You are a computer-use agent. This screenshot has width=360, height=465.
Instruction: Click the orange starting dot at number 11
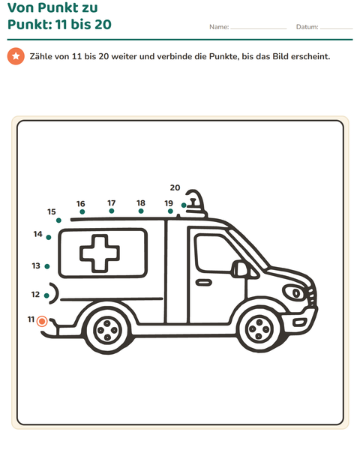click(x=42, y=321)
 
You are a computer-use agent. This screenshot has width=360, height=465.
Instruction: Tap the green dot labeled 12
click(x=46, y=295)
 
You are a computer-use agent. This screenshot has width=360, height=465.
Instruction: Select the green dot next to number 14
click(x=49, y=237)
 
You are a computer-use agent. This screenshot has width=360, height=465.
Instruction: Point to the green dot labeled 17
click(x=112, y=211)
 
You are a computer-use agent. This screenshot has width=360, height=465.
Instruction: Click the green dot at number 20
click(x=184, y=205)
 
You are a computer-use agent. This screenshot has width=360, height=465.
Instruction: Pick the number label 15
click(x=52, y=211)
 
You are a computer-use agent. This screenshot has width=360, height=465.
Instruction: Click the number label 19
click(x=169, y=203)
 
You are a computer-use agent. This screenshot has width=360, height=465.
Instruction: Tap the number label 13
click(x=36, y=265)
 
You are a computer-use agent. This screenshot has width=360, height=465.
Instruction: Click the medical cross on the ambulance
click(x=100, y=253)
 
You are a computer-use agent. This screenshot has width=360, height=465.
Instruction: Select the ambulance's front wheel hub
click(x=259, y=329)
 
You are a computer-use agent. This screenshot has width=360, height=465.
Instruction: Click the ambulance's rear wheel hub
click(x=107, y=330)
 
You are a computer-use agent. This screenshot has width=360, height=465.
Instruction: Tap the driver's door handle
click(x=204, y=283)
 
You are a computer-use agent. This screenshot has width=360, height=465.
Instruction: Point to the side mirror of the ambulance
click(x=239, y=269)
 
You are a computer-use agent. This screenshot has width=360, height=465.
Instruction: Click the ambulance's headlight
click(x=293, y=293)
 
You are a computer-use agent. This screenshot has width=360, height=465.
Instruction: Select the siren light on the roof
click(x=196, y=203)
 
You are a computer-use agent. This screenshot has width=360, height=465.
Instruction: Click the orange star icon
click(x=16, y=56)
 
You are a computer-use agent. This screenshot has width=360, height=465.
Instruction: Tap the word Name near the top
click(x=219, y=27)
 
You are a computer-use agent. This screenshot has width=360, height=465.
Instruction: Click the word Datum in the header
click(x=307, y=27)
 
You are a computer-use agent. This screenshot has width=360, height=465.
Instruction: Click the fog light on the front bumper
click(x=299, y=322)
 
